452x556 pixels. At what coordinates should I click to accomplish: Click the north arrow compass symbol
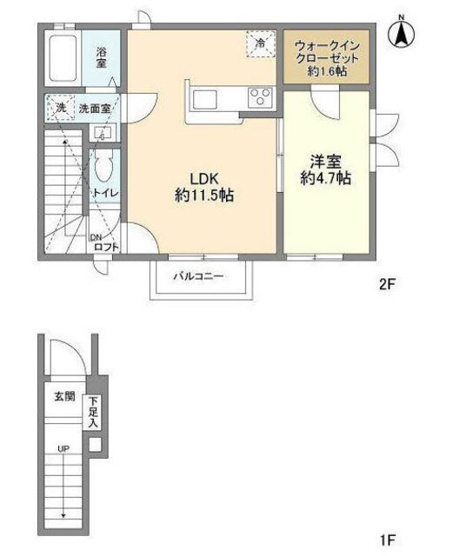402,32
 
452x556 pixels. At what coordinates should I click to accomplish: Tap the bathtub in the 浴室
63,58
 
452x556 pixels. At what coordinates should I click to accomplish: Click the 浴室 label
101,58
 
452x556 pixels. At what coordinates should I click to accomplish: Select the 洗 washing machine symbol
60,108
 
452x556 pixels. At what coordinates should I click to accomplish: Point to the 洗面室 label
95,109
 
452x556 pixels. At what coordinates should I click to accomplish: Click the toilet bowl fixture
104,166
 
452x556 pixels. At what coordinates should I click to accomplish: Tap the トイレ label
105,193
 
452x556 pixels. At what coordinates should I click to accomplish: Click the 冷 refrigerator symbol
261,43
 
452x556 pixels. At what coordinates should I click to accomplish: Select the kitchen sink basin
205,99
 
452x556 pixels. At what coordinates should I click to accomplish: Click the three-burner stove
262,96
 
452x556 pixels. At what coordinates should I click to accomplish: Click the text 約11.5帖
204,195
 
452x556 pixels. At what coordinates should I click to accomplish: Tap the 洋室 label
326,162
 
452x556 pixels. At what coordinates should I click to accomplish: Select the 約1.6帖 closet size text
327,71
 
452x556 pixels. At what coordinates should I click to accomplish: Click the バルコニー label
199,276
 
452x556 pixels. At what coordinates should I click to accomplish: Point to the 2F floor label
387,284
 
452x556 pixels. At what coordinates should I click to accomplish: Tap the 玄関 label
64,396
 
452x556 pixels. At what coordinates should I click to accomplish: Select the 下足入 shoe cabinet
93,413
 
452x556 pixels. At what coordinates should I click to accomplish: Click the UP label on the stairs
63,449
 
